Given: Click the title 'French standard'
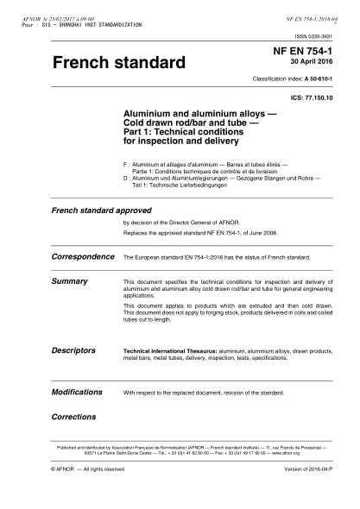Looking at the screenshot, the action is (119, 64).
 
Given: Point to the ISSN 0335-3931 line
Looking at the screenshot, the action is (313, 36).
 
